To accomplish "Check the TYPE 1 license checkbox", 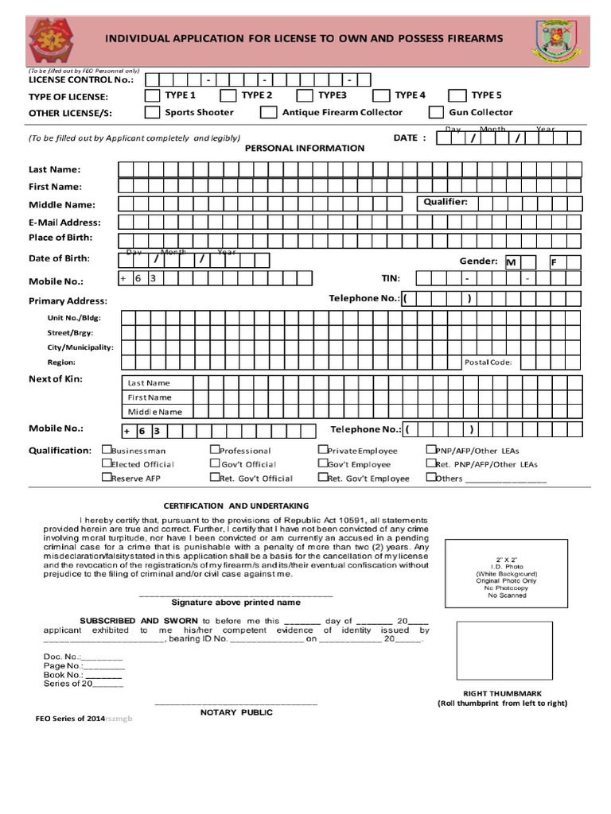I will coord(151,96).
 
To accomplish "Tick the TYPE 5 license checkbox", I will coord(457,96).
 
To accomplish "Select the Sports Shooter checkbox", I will coord(151,113).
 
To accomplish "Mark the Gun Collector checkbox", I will coord(435,113).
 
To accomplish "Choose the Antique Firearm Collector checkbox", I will coord(268,113).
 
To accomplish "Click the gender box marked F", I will coord(558,262).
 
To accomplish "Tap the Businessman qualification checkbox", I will coord(107,449).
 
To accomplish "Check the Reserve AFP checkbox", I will coord(107,478).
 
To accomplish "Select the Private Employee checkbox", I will coord(323,449).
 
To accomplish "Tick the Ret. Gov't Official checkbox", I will coord(215,478).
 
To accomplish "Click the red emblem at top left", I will coord(53,41).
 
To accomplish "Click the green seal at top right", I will coord(558,40).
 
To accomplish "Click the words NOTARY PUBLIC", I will coord(235,712).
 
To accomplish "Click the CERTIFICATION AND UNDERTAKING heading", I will coord(235,506).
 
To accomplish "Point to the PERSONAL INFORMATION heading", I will coord(304,148).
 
